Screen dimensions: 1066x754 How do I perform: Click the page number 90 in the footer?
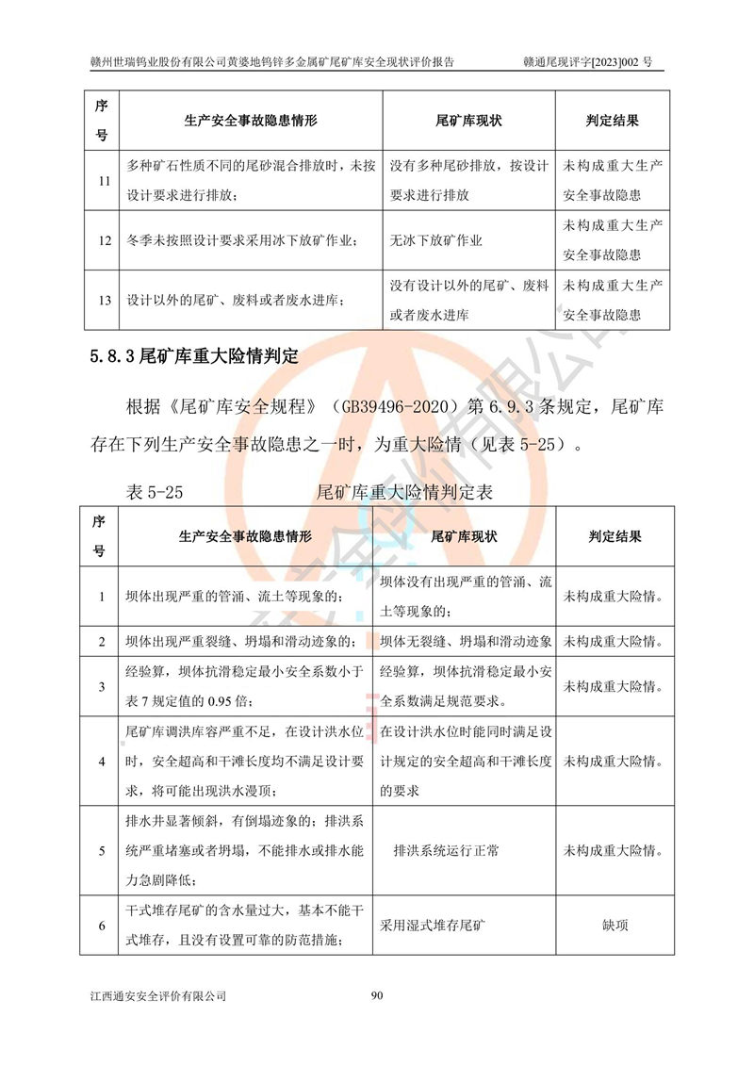click(x=377, y=995)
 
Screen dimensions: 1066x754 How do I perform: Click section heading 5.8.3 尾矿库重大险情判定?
click(x=194, y=356)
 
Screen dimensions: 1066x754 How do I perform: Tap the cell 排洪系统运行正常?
click(x=447, y=850)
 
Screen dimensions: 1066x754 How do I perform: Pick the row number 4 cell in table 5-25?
click(x=103, y=762)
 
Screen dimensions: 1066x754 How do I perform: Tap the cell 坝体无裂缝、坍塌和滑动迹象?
click(x=466, y=641)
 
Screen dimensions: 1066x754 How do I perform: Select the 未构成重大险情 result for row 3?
click(x=614, y=685)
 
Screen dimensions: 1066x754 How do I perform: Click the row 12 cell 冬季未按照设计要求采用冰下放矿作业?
click(x=242, y=240)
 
